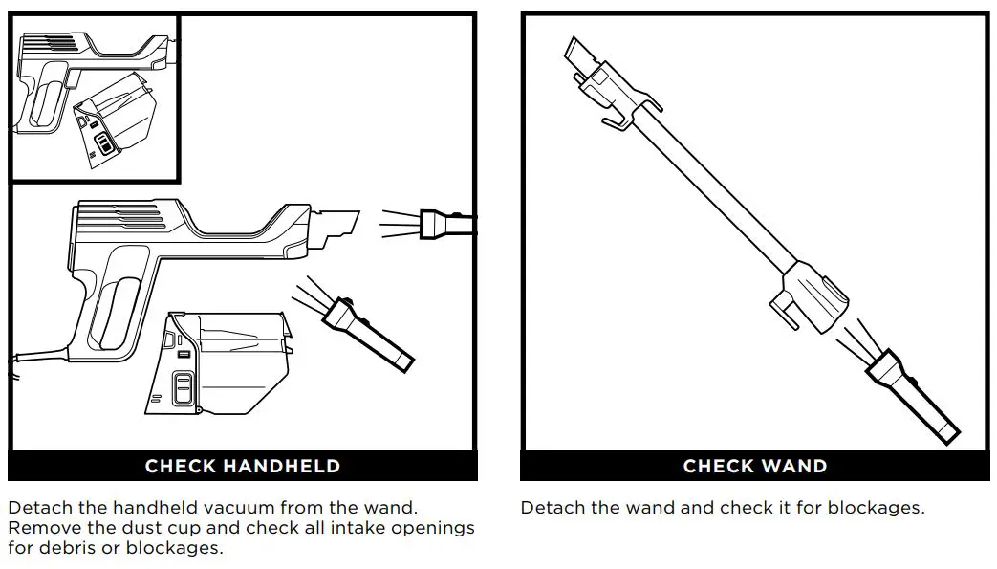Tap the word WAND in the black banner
click(x=791, y=467)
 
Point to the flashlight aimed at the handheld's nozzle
click(x=447, y=224)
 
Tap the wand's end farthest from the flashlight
click(x=579, y=53)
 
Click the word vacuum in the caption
click(x=258, y=508)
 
